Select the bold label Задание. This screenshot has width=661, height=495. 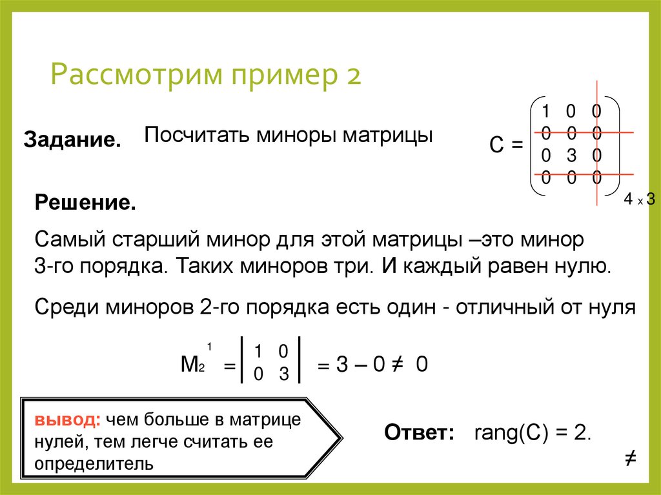(x=72, y=139)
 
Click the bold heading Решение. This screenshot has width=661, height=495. (x=85, y=204)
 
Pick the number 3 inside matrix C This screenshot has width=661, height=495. (x=570, y=155)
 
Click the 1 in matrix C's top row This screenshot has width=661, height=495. (x=545, y=111)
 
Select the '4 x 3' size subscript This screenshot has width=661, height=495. (x=639, y=200)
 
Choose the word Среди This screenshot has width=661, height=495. (x=65, y=307)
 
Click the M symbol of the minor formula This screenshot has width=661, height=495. (x=189, y=365)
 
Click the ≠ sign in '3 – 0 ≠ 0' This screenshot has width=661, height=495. (x=398, y=365)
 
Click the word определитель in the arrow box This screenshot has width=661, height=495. (x=94, y=463)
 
